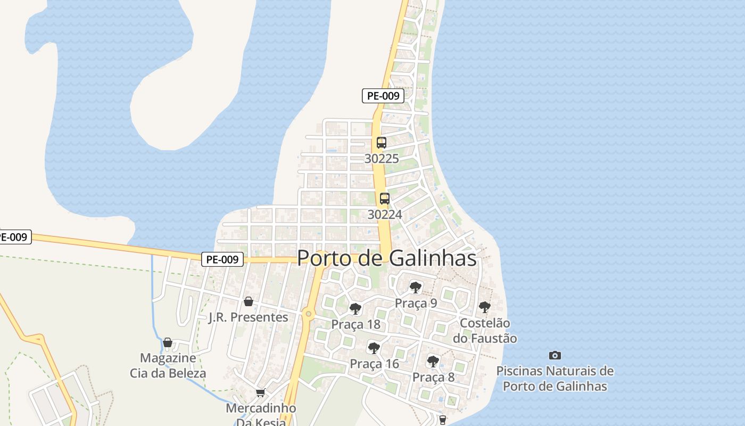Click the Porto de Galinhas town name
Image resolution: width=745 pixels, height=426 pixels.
pyautogui.click(x=386, y=258)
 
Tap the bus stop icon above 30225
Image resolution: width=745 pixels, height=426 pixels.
pyautogui.click(x=382, y=143)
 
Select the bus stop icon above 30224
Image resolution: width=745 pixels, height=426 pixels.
pyautogui.click(x=385, y=199)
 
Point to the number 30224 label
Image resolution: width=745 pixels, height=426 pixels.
pyautogui.click(x=385, y=214)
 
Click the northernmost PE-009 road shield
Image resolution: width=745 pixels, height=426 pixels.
pyautogui.click(x=383, y=96)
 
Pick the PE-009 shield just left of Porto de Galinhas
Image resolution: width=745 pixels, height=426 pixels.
pyautogui.click(x=223, y=259)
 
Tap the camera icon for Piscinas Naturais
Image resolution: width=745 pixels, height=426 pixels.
pyautogui.click(x=555, y=355)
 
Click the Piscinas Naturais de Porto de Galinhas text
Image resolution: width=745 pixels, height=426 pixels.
pyautogui.click(x=555, y=379)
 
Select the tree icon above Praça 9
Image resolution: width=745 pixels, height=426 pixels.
pyautogui.click(x=416, y=288)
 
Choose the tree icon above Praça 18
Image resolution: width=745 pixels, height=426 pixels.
pyautogui.click(x=355, y=309)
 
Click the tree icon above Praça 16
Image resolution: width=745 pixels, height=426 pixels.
pyautogui.click(x=374, y=348)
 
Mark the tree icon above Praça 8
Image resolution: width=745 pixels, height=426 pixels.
pyautogui.click(x=434, y=362)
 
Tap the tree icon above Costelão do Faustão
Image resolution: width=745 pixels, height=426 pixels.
pyautogui.click(x=485, y=307)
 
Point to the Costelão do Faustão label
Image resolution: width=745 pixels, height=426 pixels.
pyautogui.click(x=485, y=330)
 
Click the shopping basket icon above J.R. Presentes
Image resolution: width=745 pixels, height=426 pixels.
pyautogui.click(x=249, y=302)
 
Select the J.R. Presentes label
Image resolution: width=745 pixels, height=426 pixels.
pyautogui.click(x=249, y=317)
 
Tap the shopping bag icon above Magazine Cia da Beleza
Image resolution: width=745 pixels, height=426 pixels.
pyautogui.click(x=168, y=342)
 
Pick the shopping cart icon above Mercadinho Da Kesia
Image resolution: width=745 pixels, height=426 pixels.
pyautogui.click(x=261, y=393)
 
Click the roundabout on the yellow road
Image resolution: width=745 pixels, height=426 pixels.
pyautogui.click(x=309, y=314)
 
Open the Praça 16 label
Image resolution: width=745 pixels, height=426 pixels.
pyautogui.click(x=374, y=364)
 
